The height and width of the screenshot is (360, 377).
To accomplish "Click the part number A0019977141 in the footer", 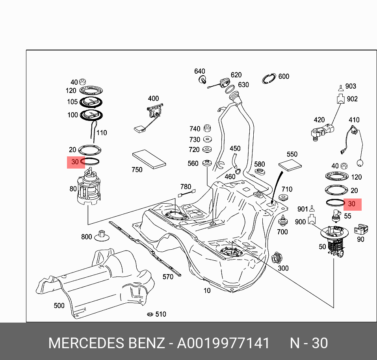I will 223,343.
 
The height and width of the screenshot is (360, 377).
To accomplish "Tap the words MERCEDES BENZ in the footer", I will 106,343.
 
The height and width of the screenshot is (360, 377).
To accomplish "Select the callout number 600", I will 284,76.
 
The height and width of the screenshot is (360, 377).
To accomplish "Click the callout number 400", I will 153,98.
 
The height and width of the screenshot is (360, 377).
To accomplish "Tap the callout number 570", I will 168,277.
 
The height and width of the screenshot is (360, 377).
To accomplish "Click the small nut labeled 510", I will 150,314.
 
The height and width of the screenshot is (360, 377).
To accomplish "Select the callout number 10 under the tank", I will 207,291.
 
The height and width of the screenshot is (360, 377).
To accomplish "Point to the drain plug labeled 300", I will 276,258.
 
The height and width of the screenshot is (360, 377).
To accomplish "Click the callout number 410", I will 354,120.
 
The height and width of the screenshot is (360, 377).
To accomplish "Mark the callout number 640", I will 199,71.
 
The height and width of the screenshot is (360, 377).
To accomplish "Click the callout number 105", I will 72,102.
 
